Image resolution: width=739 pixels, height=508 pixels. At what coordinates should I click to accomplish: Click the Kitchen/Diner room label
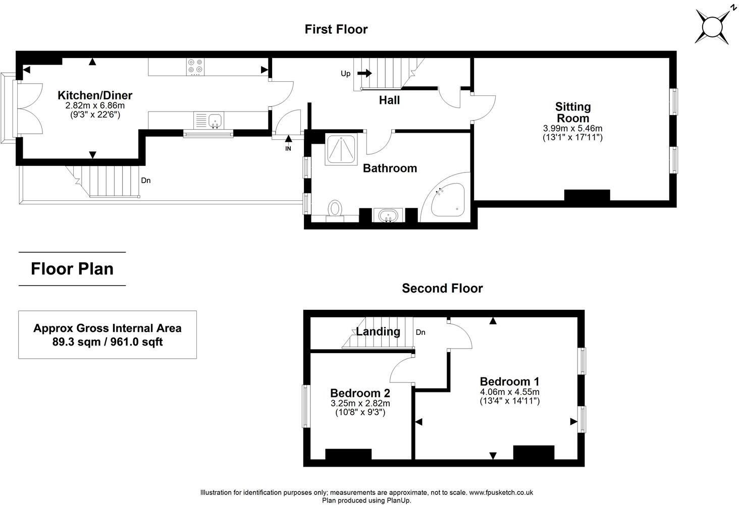point(95,95)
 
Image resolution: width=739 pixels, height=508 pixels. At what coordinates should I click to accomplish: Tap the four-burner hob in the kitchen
point(195,67)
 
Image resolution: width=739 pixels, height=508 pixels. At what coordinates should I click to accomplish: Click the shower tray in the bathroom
point(341,149)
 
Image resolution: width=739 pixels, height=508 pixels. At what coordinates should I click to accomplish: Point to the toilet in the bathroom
point(335,210)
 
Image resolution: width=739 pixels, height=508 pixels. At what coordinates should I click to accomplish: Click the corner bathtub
point(445,197)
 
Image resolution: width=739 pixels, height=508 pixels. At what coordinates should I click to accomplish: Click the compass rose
point(713,27)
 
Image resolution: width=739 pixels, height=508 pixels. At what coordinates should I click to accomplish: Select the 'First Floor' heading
point(336,29)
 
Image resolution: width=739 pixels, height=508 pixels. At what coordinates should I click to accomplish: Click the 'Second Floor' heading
point(442,288)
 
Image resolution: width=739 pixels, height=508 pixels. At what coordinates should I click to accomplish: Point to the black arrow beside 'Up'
point(364,73)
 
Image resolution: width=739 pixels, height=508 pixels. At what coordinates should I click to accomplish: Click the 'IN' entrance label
point(288,149)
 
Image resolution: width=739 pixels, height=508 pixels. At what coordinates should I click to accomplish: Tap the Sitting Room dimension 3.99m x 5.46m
point(573,128)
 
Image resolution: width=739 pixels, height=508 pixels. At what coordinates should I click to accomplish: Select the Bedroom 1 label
point(509,381)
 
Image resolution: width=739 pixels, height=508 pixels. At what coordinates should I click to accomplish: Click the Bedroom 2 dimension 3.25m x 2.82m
point(360,403)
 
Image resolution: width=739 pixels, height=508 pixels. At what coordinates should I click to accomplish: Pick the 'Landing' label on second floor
point(378,331)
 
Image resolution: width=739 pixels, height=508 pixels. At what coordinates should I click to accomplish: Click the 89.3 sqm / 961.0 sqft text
point(108,342)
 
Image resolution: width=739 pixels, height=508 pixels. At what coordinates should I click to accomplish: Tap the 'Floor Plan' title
point(72,269)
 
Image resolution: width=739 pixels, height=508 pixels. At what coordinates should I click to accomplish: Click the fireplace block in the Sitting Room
point(587,195)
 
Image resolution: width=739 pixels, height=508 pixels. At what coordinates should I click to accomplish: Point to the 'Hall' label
point(389,100)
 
